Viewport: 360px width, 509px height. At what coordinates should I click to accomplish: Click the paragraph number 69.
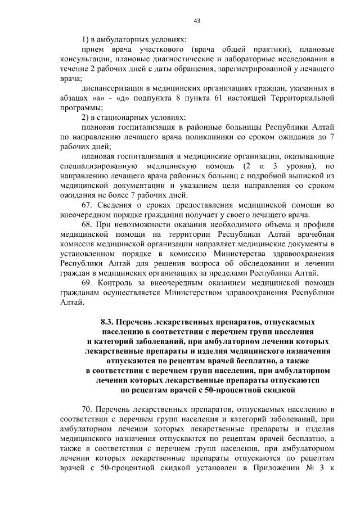pos(88,283)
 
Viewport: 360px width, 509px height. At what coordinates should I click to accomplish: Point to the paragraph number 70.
pos(88,408)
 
